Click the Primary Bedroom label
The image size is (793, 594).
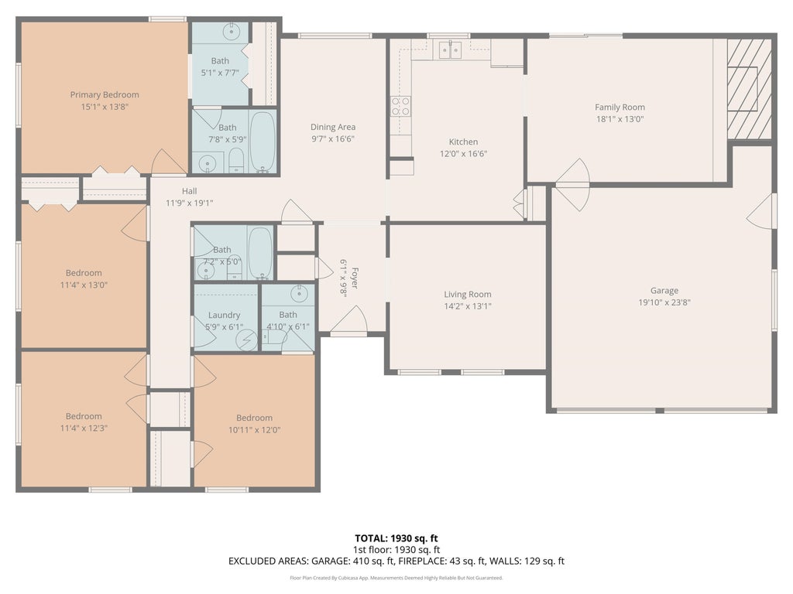coord(105,94)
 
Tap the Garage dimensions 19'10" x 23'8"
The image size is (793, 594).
coord(664,302)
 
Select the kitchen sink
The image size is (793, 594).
coord(450,49)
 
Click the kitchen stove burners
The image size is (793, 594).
coord(400,106)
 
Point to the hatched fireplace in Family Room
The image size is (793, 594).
coord(749,89)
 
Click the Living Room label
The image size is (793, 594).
coord(467,294)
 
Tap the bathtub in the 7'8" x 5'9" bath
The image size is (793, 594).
coord(263,142)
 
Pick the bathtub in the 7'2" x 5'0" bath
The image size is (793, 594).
coord(260,253)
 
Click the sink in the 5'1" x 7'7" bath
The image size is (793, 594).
coord(231,31)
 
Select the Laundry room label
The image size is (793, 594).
coord(224,315)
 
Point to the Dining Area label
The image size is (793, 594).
coord(333,127)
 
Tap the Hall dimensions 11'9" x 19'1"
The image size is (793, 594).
coord(189,203)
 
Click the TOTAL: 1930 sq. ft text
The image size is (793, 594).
coord(396,538)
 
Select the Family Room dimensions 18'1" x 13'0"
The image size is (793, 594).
coord(620,119)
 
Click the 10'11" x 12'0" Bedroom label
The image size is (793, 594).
coord(254,418)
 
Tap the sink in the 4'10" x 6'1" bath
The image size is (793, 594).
coord(300,293)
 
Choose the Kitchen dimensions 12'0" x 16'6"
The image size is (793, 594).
coord(463,154)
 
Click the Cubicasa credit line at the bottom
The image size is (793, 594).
coord(396,578)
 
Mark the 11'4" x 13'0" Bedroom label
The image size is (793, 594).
coord(84,273)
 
